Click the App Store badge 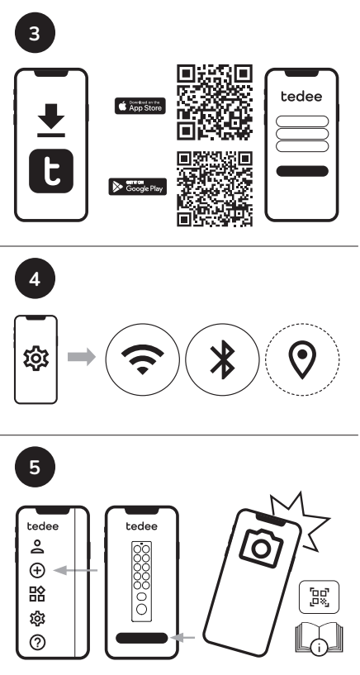coord(140,106)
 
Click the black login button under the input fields coord(302,170)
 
